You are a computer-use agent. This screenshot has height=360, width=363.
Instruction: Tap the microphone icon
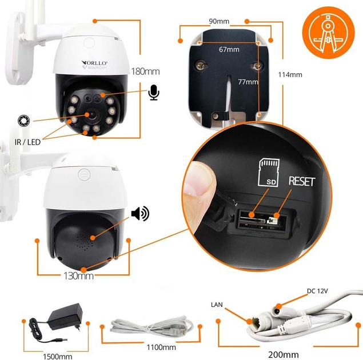pos(153,92)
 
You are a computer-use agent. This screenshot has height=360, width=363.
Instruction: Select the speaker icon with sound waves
pos(139,214)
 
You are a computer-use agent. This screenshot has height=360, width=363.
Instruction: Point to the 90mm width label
pos(219,22)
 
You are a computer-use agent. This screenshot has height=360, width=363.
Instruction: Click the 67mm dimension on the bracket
pos(229,50)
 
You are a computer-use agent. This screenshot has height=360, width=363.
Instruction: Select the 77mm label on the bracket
pos(248,82)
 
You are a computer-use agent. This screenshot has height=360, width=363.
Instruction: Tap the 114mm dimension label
pos(290,74)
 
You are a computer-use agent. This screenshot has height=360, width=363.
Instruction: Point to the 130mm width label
pos(78,276)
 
